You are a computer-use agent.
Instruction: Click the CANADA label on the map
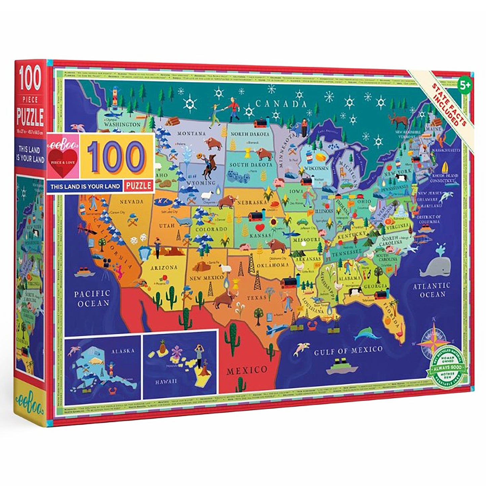[x=281, y=104]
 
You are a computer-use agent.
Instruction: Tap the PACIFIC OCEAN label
[x=92, y=298]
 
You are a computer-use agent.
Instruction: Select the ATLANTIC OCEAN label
[x=432, y=290]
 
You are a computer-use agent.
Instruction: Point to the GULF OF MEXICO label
[x=348, y=350]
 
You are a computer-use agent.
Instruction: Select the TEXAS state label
[x=257, y=298]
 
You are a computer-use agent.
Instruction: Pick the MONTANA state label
[x=191, y=134]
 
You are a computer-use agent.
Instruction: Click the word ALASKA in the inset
[x=123, y=350]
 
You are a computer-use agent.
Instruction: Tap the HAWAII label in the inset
[x=166, y=381]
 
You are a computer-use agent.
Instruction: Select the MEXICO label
[x=247, y=370]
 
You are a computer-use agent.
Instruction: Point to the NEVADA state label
[x=131, y=202]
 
